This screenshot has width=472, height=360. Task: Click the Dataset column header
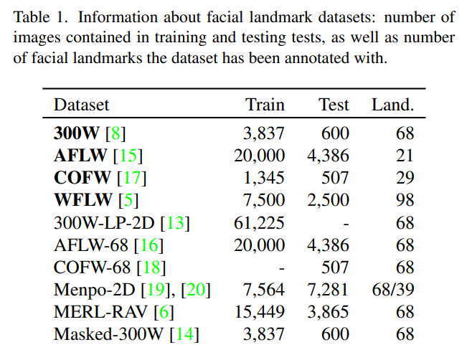tap(81, 105)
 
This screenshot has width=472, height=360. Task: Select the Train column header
tap(265, 105)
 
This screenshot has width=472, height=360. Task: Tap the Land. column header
tap(392, 105)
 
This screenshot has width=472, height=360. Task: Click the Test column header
tap(334, 105)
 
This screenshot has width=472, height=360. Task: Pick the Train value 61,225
tap(259, 223)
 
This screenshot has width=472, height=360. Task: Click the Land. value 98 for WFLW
tap(405, 200)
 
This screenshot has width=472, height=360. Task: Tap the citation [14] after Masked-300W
tap(187, 335)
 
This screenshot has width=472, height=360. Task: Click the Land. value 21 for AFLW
tap(405, 154)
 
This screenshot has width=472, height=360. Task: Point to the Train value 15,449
tap(259, 312)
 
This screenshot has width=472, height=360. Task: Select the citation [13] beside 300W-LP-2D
tap(176, 223)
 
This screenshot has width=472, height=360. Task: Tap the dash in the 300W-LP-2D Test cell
tap(345, 223)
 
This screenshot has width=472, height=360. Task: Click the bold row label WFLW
tap(77, 200)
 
